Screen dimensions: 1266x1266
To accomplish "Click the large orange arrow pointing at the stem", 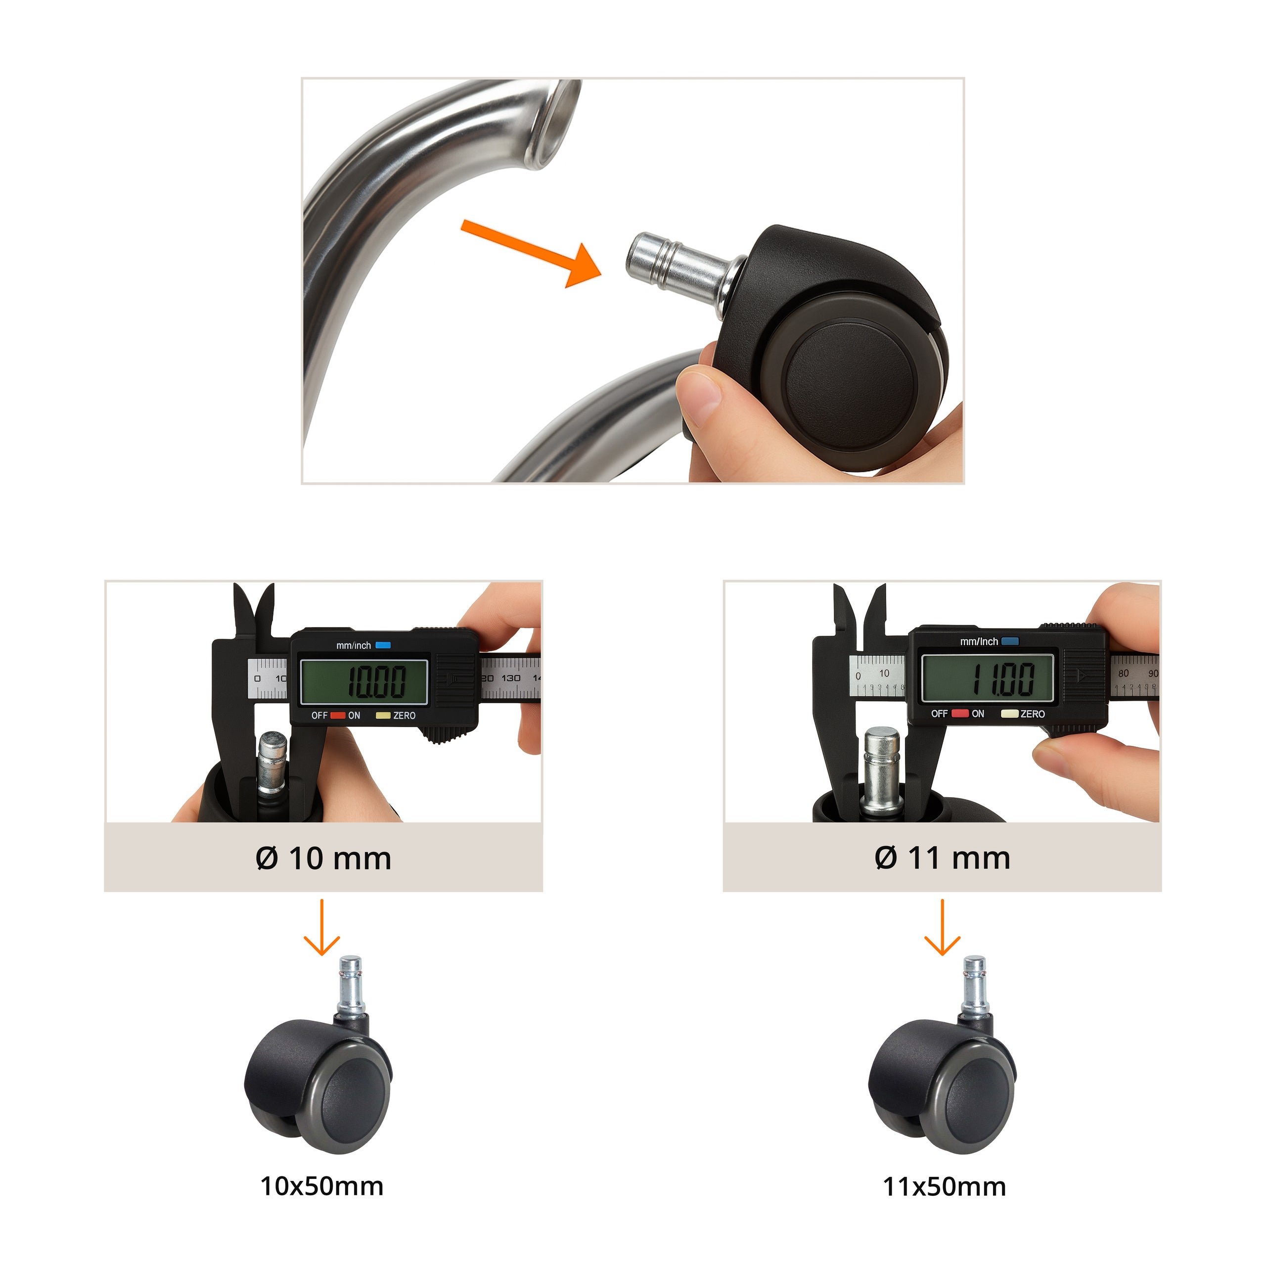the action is (531, 254).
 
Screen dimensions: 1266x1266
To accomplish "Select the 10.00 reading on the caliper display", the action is (376, 681).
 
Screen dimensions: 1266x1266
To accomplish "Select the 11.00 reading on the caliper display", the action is (1002, 678).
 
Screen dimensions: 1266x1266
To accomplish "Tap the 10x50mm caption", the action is (322, 1186).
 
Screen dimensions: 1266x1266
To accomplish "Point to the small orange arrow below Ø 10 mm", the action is (322, 927).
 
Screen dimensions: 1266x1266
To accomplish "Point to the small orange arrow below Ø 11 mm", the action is (942, 927).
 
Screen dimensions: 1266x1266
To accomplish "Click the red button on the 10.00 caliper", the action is (337, 715).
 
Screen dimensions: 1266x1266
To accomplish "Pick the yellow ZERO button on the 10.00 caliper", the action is (383, 715).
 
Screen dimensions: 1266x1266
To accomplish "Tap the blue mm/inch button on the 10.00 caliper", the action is (383, 645).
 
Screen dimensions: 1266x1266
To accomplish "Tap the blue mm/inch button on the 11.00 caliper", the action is (1010, 641).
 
